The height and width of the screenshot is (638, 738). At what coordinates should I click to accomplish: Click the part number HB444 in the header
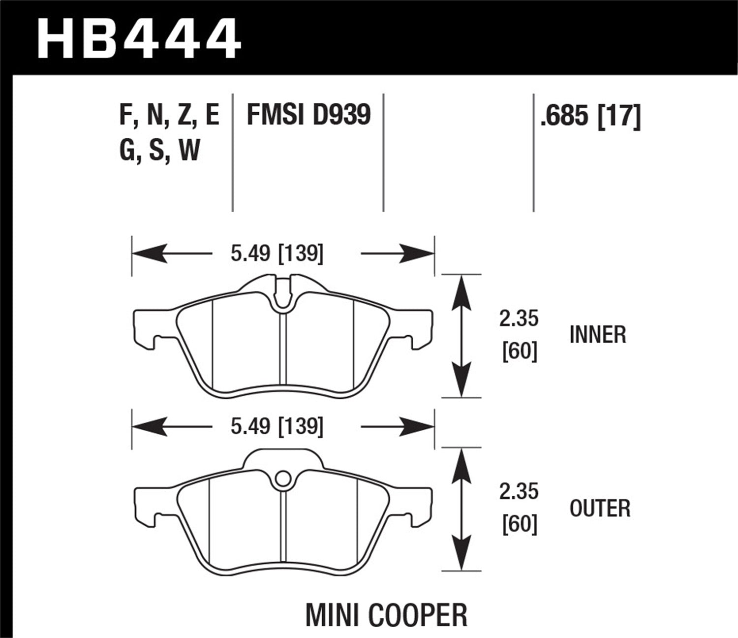click(139, 38)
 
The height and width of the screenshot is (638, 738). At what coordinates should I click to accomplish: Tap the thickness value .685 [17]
click(590, 117)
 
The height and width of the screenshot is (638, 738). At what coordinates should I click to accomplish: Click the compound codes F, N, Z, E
click(169, 116)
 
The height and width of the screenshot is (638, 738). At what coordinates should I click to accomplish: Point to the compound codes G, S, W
click(159, 150)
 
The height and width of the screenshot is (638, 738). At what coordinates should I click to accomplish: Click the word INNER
click(597, 335)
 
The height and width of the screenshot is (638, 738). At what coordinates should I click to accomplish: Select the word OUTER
click(600, 508)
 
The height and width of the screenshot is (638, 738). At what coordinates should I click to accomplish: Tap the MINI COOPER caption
click(386, 615)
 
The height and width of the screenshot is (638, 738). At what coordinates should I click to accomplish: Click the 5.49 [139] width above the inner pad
click(277, 254)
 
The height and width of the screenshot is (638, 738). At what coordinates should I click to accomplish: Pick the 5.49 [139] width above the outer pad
click(277, 426)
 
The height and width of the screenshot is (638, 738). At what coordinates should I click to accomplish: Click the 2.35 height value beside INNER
click(519, 319)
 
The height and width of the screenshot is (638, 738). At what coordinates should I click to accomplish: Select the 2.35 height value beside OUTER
click(519, 492)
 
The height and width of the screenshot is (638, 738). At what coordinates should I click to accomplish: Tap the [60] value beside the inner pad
click(519, 352)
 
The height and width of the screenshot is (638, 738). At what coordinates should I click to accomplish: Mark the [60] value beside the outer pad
click(519, 525)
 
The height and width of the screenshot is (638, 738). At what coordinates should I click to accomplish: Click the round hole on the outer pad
click(282, 479)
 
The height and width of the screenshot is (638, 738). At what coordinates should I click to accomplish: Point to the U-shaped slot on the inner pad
click(282, 298)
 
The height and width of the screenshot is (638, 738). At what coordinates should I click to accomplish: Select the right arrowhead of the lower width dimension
click(419, 426)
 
